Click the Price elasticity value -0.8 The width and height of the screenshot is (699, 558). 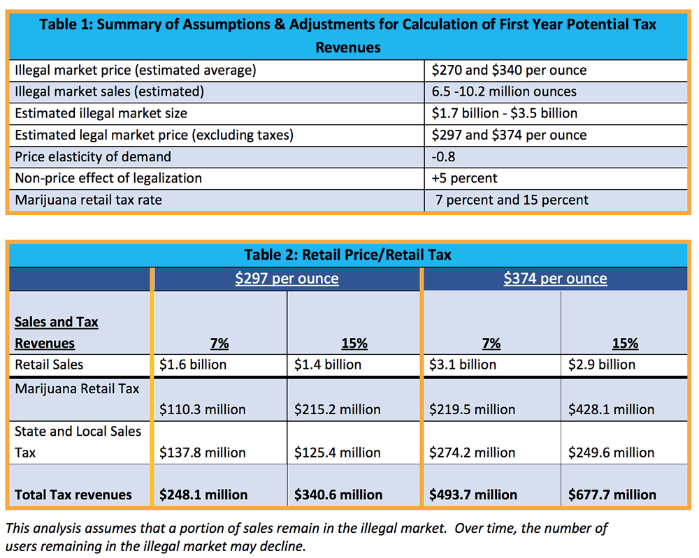click(443, 156)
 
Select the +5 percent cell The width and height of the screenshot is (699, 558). click(464, 178)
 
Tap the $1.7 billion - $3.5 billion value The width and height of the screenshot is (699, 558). click(504, 113)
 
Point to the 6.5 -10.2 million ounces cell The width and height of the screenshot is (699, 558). click(504, 91)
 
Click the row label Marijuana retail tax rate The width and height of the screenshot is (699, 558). click(88, 200)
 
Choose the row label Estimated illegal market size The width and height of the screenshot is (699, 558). click(101, 113)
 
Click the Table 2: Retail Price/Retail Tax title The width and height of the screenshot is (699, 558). click(347, 255)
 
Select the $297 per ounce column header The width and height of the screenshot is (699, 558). click(287, 279)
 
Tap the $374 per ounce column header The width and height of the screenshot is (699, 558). click(555, 279)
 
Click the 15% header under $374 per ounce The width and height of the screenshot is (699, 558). click(625, 344)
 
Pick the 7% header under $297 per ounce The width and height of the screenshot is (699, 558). click(219, 344)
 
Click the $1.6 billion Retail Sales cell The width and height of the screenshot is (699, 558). click(193, 365)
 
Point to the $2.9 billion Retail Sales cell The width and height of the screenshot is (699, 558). click(601, 365)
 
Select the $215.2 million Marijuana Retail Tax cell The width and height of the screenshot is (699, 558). click(337, 410)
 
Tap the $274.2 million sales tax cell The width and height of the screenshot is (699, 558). click(472, 453)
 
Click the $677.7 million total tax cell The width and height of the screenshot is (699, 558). click(612, 494)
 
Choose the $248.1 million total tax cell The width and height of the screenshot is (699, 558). click(203, 494)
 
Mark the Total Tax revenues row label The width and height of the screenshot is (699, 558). click(73, 494)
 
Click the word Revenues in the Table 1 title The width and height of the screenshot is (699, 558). click(347, 47)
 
